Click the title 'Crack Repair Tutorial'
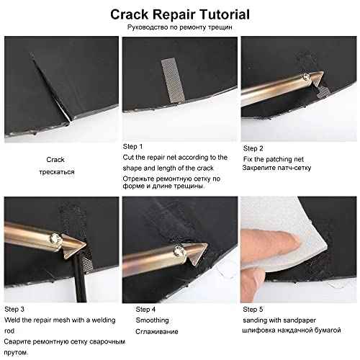tap(179, 14)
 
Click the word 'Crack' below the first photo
tap(55, 159)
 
